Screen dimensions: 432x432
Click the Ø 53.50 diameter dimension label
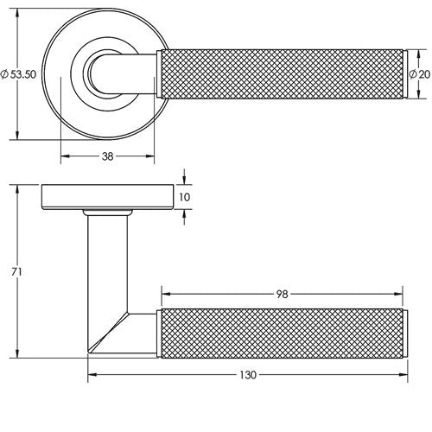[x=18, y=74]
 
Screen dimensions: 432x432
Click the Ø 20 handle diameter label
[x=420, y=74]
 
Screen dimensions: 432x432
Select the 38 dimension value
[x=108, y=156]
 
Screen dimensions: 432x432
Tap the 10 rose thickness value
[x=185, y=197]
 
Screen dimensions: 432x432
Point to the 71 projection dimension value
[x=16, y=272]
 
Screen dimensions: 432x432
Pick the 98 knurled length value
[x=283, y=294]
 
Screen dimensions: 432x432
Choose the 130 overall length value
[x=248, y=375]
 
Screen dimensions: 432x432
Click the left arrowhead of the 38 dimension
[x=65, y=156]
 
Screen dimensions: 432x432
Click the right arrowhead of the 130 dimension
[x=403, y=374]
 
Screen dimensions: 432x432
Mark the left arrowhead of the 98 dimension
[x=166, y=294]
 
